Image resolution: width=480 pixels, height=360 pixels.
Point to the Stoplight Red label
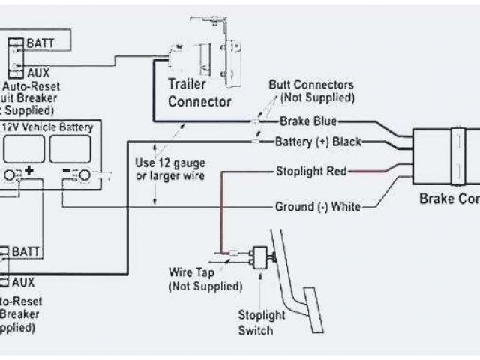(310, 171)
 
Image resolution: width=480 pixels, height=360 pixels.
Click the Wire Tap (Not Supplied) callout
(205, 278)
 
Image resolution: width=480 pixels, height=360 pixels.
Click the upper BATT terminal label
(39, 43)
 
